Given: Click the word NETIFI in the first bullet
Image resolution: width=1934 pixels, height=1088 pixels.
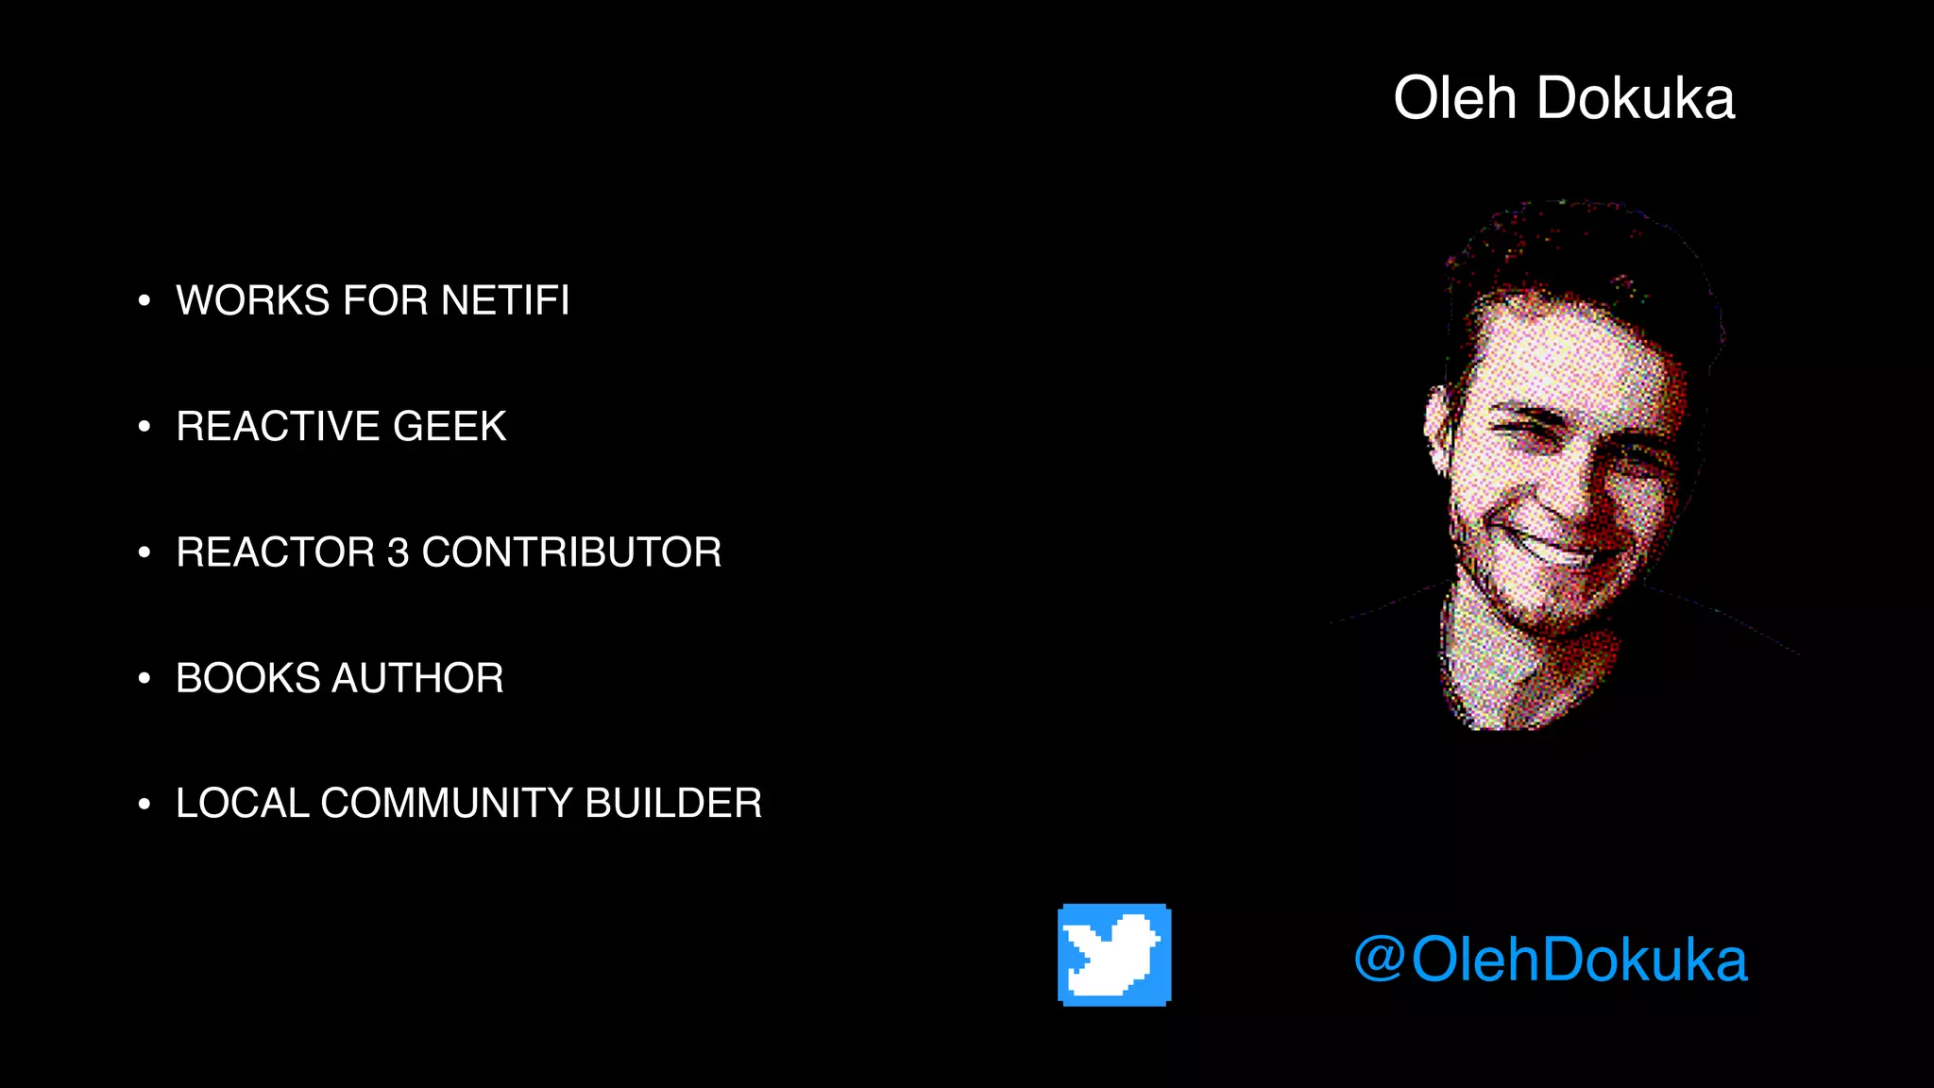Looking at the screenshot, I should (x=505, y=300).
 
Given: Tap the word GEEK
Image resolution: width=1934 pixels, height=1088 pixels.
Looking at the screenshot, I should (x=450, y=426).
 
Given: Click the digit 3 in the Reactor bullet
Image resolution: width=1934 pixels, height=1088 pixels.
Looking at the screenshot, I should (x=398, y=552).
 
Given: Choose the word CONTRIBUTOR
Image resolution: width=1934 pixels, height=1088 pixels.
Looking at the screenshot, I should (x=571, y=552).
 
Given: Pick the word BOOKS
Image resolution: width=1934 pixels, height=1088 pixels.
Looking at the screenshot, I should (x=247, y=678).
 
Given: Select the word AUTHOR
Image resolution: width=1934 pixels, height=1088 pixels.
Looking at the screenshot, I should (x=417, y=678).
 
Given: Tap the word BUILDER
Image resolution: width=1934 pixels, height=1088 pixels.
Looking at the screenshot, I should (x=673, y=804).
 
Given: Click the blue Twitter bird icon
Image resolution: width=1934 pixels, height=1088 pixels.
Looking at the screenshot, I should (x=1114, y=955).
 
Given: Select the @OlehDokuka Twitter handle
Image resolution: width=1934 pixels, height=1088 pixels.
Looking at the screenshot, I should (x=1551, y=960).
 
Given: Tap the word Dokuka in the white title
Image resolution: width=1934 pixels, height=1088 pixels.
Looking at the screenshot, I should (x=1636, y=98).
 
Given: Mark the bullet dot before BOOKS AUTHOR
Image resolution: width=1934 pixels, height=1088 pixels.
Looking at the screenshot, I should (x=144, y=678).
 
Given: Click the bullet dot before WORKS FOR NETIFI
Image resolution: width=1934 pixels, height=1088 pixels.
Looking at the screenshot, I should (x=144, y=301).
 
